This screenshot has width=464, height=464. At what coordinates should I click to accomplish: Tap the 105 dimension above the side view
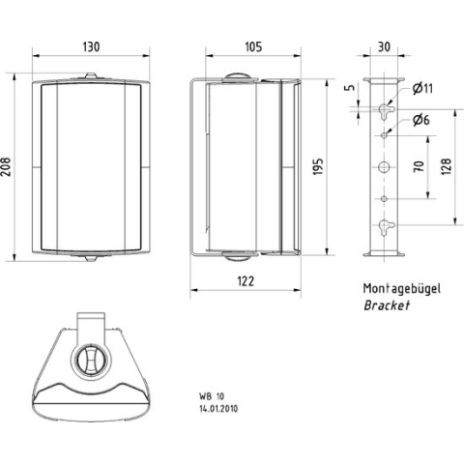click(254, 45)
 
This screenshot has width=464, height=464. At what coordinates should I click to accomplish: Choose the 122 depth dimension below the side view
click(246, 281)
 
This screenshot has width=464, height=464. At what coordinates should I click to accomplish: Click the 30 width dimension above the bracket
click(384, 45)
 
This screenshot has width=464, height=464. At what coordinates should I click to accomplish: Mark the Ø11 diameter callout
click(421, 89)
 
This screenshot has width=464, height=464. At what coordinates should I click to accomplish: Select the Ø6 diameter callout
click(420, 120)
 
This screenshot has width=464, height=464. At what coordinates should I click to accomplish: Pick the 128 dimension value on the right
click(447, 168)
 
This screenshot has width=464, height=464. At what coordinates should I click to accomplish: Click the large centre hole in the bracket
click(385, 168)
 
